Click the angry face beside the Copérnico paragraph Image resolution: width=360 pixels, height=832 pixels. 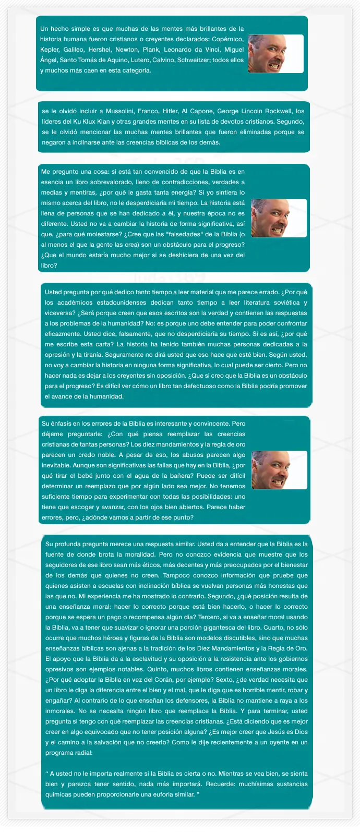(x=275, y=54)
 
